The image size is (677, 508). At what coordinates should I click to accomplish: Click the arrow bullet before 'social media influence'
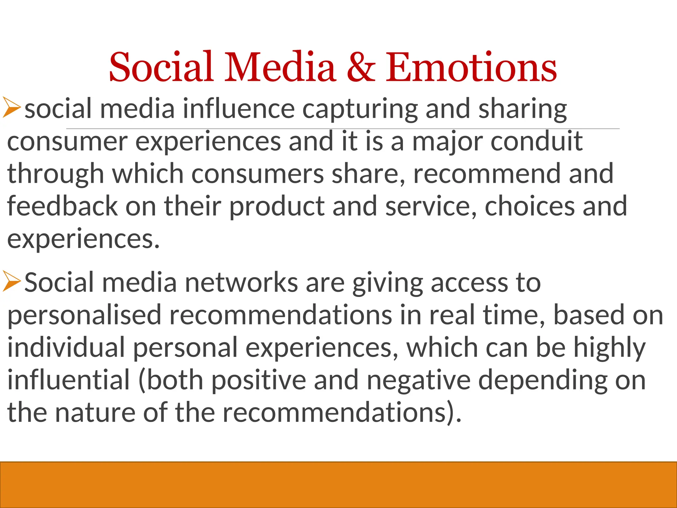pyautogui.click(x=11, y=107)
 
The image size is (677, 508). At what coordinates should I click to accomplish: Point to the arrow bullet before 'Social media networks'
pyautogui.click(x=11, y=281)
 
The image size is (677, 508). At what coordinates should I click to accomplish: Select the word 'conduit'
pyautogui.click(x=536, y=141)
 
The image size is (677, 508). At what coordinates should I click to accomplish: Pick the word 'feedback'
pyautogui.click(x=62, y=206)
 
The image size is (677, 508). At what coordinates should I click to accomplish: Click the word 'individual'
pyautogui.click(x=66, y=347)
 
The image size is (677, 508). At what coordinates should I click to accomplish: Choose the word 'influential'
pyautogui.click(x=68, y=380)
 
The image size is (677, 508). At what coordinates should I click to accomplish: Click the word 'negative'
pyautogui.click(x=418, y=380)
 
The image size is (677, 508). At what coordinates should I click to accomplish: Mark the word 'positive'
pyautogui.click(x=259, y=380)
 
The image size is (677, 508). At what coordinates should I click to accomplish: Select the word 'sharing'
pyautogui.click(x=523, y=109)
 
